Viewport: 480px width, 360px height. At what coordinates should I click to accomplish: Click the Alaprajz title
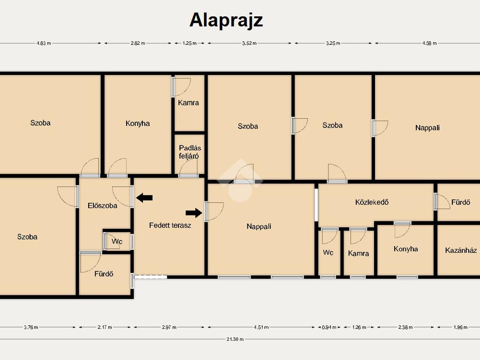pos(226,21)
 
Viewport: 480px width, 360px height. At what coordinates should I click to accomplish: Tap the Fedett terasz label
pos(170,225)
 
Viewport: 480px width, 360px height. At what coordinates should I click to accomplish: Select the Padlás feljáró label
pos(190,152)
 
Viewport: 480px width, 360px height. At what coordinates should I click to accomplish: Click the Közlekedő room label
pos(372,202)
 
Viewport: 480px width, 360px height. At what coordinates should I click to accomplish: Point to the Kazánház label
pos(461,250)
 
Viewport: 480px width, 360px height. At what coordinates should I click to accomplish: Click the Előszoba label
pos(102,205)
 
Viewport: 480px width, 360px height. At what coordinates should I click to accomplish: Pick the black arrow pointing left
pos(144,198)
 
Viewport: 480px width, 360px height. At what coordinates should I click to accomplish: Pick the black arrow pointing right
pos(194,213)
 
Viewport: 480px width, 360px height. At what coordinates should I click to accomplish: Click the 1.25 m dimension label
pos(189,43)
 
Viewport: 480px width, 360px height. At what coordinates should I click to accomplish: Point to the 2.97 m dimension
pos(169,327)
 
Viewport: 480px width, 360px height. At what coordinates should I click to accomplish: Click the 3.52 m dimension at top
pos(249,43)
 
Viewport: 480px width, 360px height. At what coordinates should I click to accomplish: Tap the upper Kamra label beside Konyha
pos(188,103)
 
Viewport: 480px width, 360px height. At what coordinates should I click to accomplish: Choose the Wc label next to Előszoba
pos(117,241)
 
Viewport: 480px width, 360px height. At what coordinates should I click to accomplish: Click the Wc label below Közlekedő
pos(328,253)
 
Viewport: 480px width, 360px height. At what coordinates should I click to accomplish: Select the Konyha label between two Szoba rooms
pos(137,123)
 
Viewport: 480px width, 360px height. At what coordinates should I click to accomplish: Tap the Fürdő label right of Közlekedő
pos(461,202)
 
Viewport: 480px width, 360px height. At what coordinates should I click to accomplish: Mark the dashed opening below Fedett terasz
pos(150,277)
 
